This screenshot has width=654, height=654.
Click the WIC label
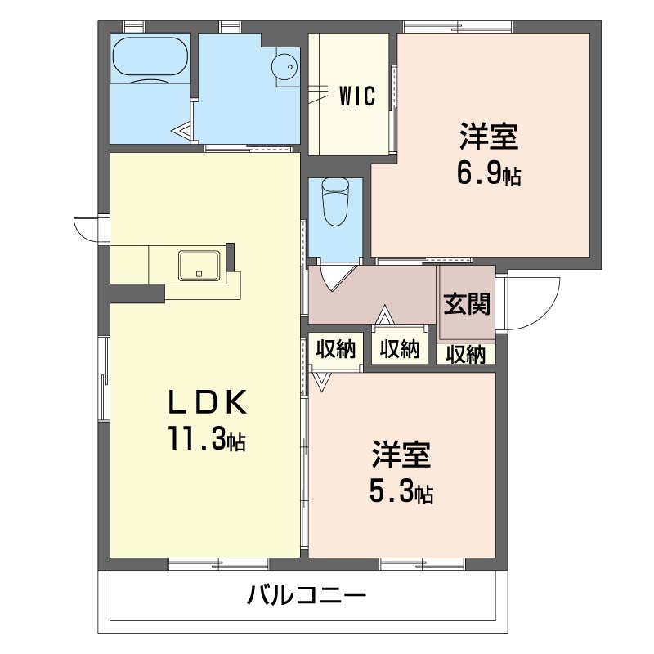tap(357, 96)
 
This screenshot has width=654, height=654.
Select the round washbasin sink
tap(284, 66)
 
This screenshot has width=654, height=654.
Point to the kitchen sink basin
tap(199, 265)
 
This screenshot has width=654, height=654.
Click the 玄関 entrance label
tap(467, 303)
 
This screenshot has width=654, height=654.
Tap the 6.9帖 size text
tap(488, 175)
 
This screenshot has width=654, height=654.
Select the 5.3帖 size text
tap(401, 493)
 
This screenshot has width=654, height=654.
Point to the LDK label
tap(207, 402)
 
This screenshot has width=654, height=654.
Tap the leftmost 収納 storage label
tap(336, 349)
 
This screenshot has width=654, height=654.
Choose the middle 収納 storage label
tap(400, 349)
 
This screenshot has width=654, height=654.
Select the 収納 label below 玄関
tap(466, 354)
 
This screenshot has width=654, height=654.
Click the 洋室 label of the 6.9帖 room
tap(488, 137)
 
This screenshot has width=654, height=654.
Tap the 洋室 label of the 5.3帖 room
tap(401, 455)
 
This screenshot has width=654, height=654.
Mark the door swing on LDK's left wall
tap(85, 230)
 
